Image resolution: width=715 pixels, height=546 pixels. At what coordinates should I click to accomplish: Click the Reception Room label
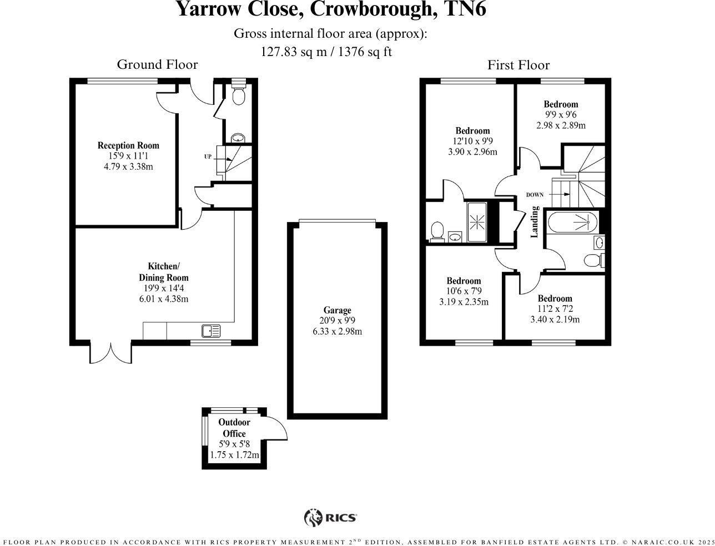point(128,146)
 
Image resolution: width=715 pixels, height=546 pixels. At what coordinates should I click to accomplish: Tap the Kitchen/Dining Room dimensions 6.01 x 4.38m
point(163,299)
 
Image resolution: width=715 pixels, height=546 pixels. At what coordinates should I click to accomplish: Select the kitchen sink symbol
point(212,331)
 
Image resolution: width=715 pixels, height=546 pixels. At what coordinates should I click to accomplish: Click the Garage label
point(337,311)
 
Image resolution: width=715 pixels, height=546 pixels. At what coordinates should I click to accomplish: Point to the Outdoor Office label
point(234,428)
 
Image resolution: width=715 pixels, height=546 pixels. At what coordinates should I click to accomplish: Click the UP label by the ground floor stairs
point(208,157)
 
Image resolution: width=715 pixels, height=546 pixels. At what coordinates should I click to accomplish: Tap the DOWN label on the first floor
point(535,195)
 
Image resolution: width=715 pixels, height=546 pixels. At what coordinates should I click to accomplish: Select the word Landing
point(535,222)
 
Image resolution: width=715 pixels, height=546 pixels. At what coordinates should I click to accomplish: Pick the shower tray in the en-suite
point(477,222)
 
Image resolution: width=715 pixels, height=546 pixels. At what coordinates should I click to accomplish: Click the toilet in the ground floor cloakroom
point(239,96)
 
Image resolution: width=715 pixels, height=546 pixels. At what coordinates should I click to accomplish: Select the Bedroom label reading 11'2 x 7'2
point(555,299)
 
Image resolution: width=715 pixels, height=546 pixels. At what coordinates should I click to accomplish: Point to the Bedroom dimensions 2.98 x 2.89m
point(561,125)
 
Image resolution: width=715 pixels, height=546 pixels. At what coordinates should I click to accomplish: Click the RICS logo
point(331,518)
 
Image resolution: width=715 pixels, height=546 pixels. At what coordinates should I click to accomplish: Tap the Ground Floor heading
point(157,65)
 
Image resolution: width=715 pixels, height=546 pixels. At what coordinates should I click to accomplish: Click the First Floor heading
point(518,65)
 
